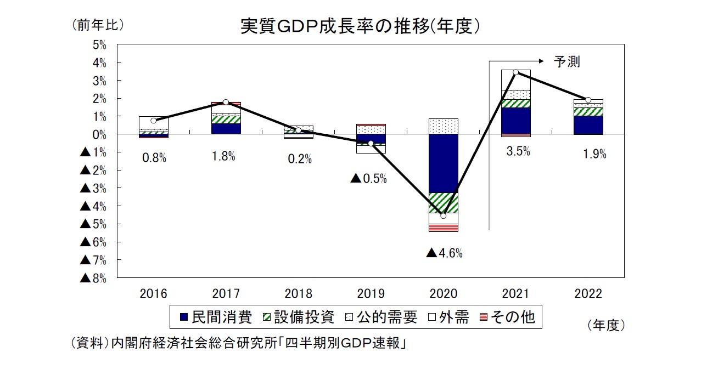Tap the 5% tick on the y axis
[x=99, y=45]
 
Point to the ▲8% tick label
[x=93, y=278]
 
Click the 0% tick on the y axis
[x=99, y=134]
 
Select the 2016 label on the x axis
[x=154, y=294]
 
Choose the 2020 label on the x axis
[x=444, y=294]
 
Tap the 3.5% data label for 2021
[x=518, y=152]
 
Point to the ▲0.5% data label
[x=368, y=178]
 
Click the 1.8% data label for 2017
[x=223, y=156]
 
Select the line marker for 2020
[x=444, y=216]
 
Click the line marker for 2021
[x=516, y=72]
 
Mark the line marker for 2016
[x=154, y=121]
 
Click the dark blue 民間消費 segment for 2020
[x=444, y=163]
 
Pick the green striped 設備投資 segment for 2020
[x=444, y=203]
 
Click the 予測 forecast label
[x=566, y=62]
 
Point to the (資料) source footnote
[x=239, y=343]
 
